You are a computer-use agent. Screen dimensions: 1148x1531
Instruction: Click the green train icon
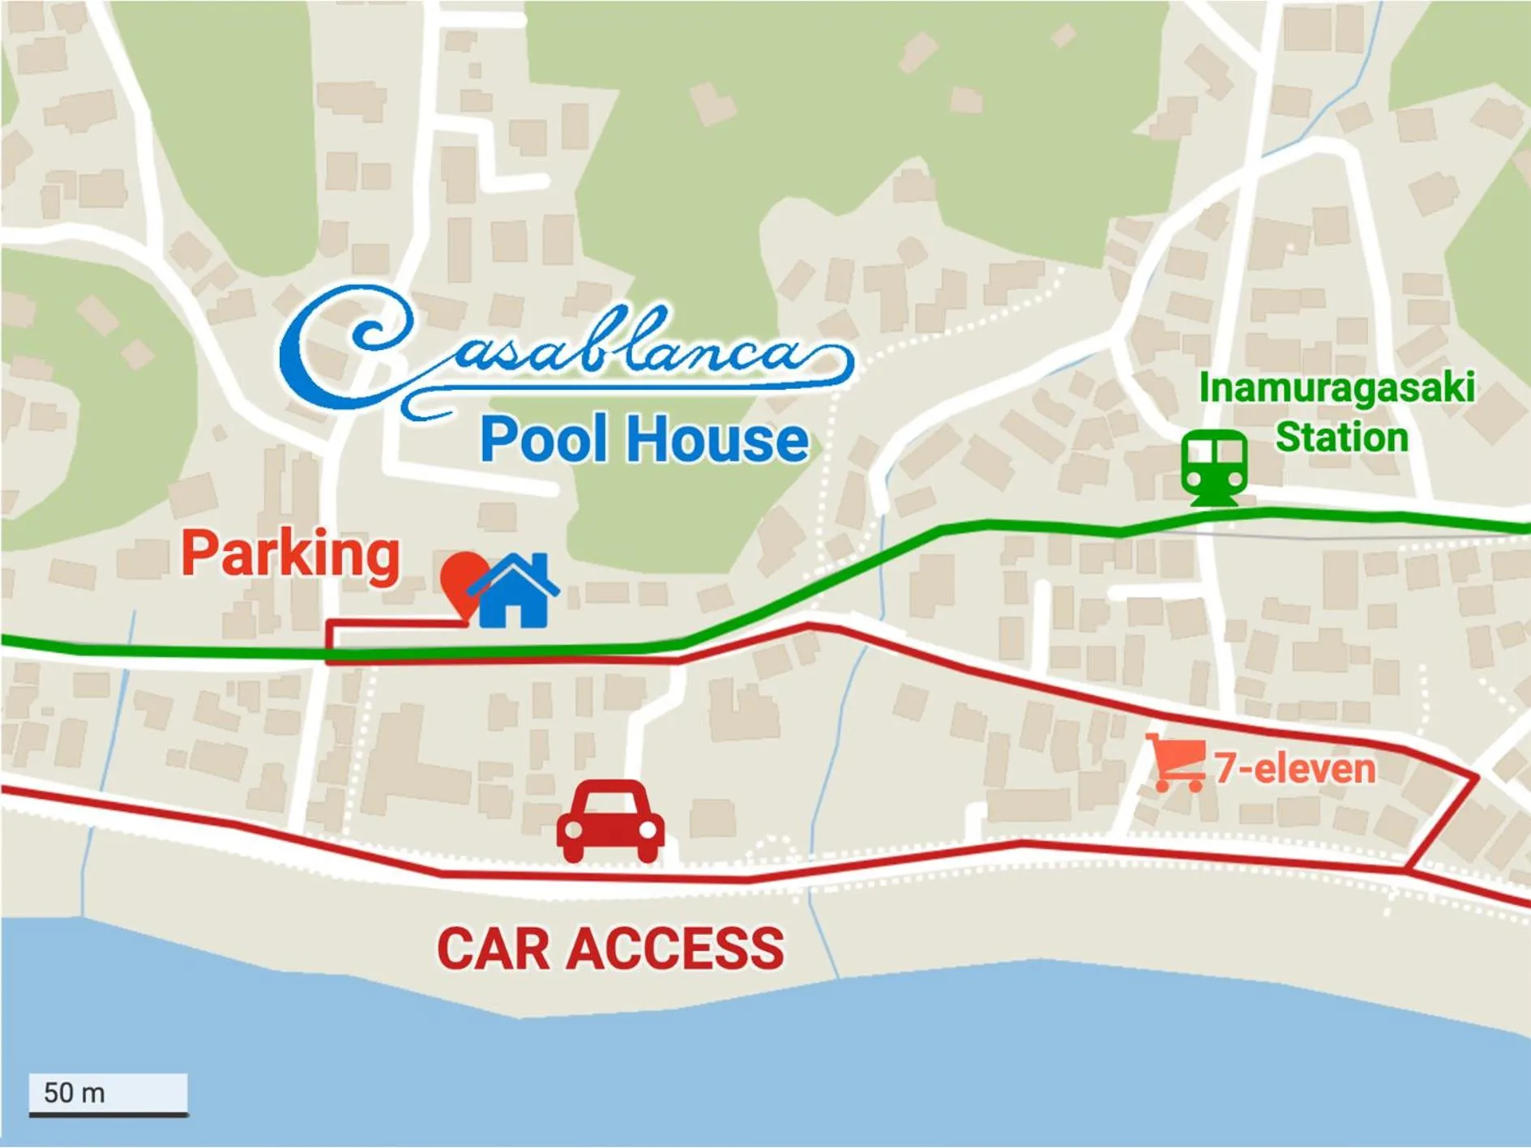pos(1213,468)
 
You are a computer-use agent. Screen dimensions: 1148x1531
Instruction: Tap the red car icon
pos(610,821)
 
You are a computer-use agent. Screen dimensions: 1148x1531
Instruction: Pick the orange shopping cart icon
pos(1176,762)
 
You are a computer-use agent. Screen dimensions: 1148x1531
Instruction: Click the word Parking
pos(290,554)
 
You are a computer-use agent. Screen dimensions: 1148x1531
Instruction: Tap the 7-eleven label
pos(1294,768)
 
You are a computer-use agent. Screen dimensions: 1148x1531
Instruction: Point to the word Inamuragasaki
pos(1336,387)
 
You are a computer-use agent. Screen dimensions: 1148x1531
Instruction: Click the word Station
pos(1341,437)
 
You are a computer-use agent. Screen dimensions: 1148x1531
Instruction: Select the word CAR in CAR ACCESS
pos(494,949)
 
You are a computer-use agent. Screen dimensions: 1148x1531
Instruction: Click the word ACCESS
pos(675,949)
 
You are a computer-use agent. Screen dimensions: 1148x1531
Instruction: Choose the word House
pos(717,440)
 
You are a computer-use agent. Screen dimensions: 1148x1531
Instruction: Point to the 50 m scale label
pos(75,1093)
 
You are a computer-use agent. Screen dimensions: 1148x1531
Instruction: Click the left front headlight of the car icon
pos(572,830)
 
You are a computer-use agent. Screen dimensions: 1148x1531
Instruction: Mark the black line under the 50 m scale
pos(109,1116)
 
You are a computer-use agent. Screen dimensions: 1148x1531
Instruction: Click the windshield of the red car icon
pos(610,804)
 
